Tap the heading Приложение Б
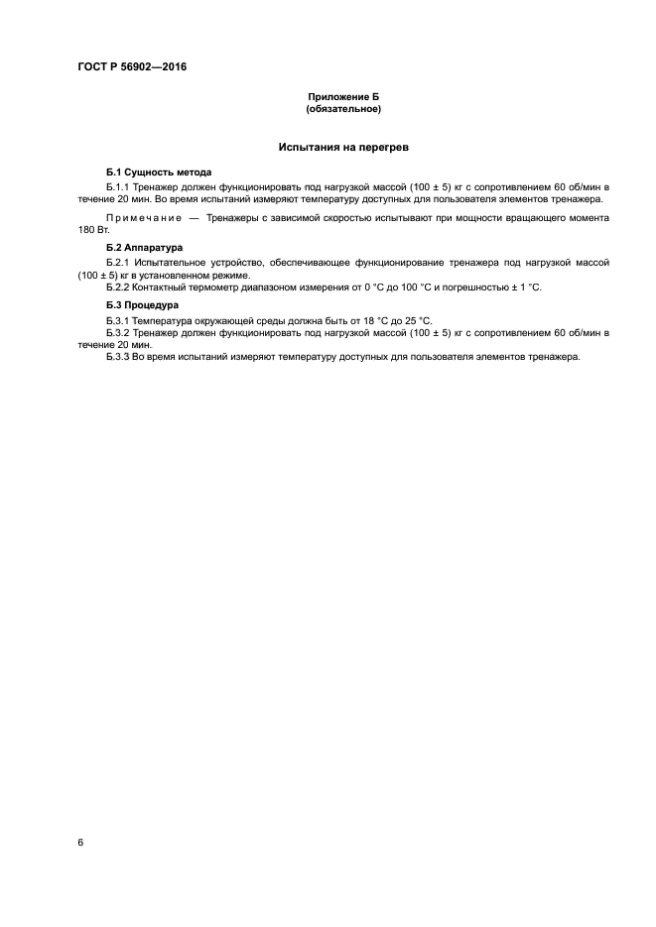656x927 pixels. pos(343,97)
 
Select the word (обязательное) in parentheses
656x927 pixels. pos(343,108)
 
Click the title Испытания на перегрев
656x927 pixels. pos(343,147)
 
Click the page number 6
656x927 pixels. pos(80,843)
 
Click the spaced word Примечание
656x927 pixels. pos(144,217)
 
